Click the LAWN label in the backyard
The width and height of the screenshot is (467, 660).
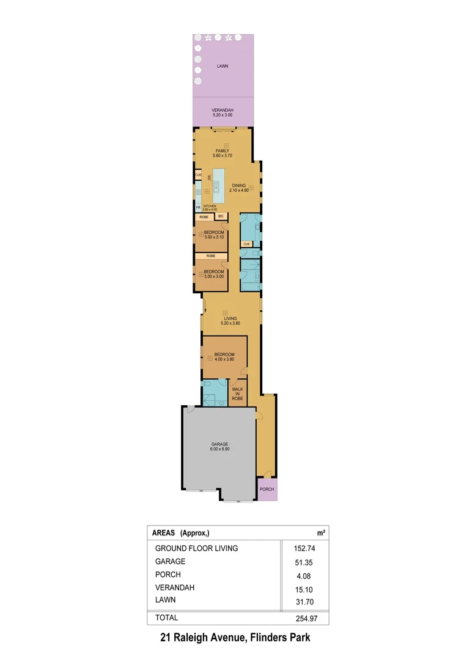coord(222,65)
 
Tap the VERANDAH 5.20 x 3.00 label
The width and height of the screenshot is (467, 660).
coord(222,112)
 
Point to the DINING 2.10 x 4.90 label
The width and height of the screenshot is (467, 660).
coord(238,188)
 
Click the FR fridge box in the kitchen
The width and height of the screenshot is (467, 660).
coord(198,208)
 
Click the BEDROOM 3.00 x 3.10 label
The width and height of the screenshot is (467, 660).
coord(214,235)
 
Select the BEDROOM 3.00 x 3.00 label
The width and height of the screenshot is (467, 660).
coord(213,274)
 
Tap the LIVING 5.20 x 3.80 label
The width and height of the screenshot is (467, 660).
coord(230,321)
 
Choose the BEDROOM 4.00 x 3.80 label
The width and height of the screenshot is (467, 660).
coord(224,357)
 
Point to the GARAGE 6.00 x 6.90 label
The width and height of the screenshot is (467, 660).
coord(220,447)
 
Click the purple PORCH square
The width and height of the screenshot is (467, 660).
coord(266,490)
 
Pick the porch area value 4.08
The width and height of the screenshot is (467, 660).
coord(304,576)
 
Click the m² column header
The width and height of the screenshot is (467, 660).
coord(320,533)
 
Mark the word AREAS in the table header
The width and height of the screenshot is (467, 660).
coord(163,533)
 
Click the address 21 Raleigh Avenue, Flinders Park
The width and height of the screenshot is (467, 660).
coord(235,638)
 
